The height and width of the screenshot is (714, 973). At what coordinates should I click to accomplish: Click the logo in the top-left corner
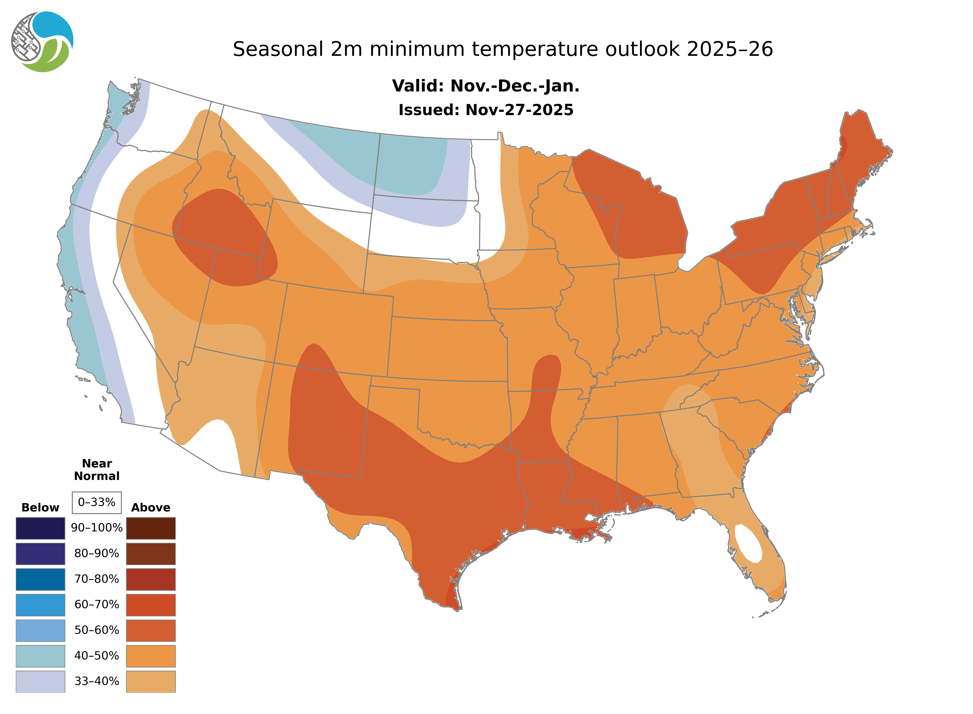[x=42, y=42]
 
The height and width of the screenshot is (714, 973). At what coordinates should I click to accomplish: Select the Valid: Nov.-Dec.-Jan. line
[x=485, y=86]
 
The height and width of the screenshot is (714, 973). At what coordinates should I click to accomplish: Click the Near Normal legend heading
[x=97, y=470]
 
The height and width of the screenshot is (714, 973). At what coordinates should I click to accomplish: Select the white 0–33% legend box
[x=97, y=502]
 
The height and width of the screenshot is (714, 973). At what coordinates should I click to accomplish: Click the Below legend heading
[x=40, y=507]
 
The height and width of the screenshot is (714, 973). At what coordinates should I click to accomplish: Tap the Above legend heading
[x=151, y=507]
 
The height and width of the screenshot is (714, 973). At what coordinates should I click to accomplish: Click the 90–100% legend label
[x=97, y=528]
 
